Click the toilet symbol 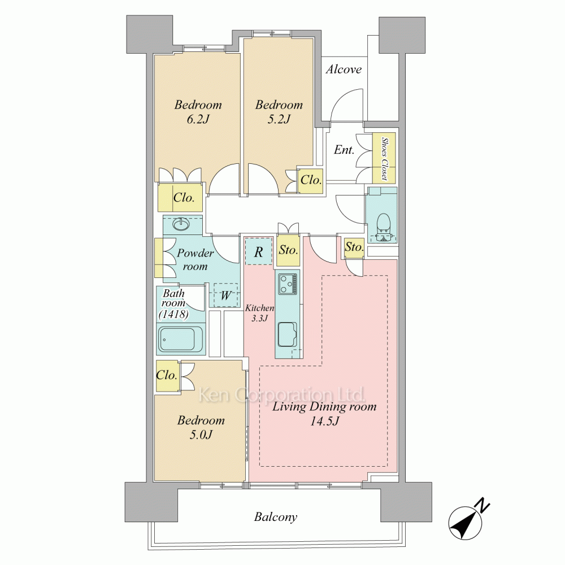[x=383, y=228]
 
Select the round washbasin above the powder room [x=181, y=225]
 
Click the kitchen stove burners [x=288, y=284]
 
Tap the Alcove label [x=344, y=69]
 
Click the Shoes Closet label [x=384, y=158]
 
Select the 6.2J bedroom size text [x=198, y=119]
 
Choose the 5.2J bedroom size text [x=279, y=119]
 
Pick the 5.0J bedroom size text [x=201, y=435]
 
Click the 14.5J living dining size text [x=324, y=421]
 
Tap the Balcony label [x=276, y=517]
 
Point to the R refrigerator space [x=258, y=251]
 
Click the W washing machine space [x=226, y=295]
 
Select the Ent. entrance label [x=344, y=150]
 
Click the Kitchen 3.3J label [x=259, y=313]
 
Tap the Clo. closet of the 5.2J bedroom [x=311, y=180]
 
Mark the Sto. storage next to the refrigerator [x=288, y=249]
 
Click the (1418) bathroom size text [x=173, y=314]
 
